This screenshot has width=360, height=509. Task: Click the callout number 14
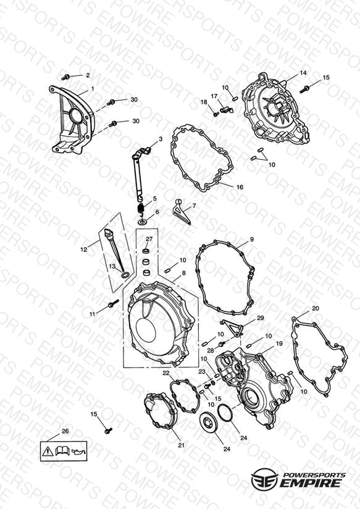click(303, 73)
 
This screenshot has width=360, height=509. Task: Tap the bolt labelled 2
click(65, 77)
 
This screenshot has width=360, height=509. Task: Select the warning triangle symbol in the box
click(48, 450)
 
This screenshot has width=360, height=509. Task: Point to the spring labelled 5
click(141, 208)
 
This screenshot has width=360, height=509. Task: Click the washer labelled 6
click(142, 222)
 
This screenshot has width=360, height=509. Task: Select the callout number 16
click(240, 187)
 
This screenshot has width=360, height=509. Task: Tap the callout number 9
click(251, 240)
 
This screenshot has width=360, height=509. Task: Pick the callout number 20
click(315, 308)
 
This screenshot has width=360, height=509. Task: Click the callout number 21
click(181, 445)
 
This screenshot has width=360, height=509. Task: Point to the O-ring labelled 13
click(125, 276)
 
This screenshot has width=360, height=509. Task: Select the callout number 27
click(149, 238)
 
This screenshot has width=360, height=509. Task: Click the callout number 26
click(65, 431)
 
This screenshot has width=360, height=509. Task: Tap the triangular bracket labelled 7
click(181, 212)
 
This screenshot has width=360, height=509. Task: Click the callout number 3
click(161, 139)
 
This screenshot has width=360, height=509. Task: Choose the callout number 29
click(261, 318)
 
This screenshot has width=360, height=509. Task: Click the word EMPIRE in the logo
click(312, 483)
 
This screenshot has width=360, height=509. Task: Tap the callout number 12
click(84, 250)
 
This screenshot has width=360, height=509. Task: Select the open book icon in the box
click(62, 450)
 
